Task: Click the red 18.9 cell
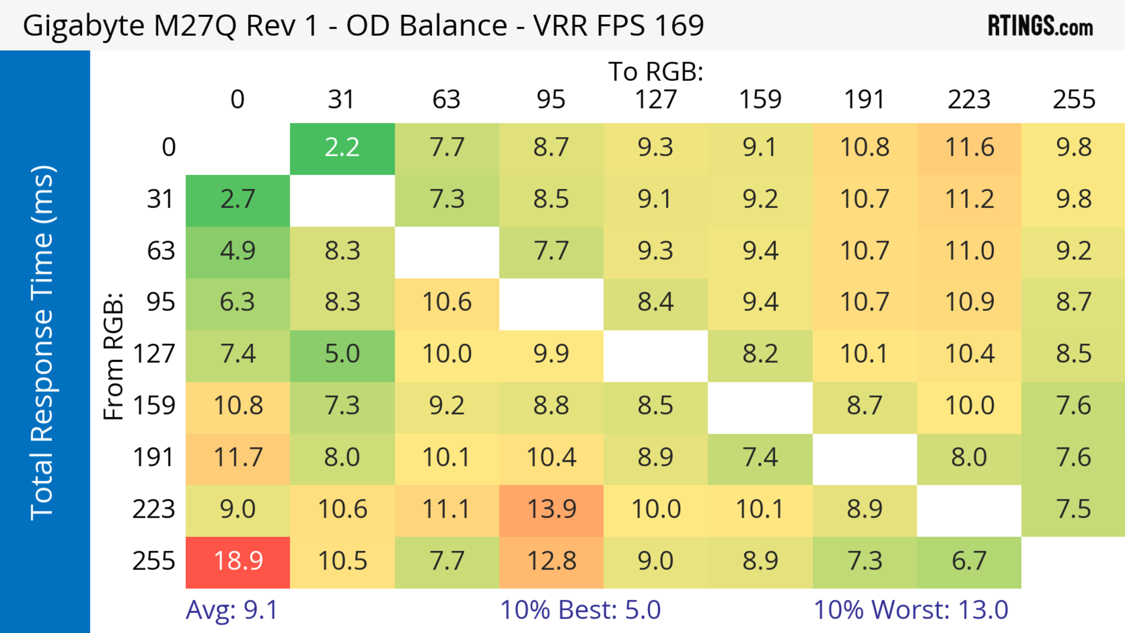tap(238, 562)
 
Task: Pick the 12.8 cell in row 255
tap(551, 562)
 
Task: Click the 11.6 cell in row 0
tap(969, 148)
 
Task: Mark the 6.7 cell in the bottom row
tap(969, 562)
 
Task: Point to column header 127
tap(656, 100)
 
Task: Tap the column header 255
tap(1073, 100)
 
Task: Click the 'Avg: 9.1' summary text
tap(231, 610)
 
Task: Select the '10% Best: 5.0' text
tap(580, 610)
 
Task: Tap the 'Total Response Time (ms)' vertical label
tap(43, 343)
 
